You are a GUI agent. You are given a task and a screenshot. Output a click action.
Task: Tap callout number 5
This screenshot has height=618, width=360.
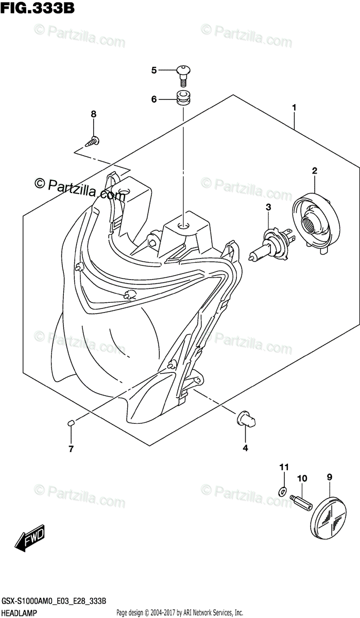tap(153, 71)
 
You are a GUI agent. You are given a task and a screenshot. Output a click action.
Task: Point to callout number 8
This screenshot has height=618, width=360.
tap(94, 114)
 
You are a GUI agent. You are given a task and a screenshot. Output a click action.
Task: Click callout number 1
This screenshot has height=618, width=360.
tap(294, 108)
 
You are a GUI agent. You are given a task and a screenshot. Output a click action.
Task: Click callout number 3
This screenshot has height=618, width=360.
tap(268, 207)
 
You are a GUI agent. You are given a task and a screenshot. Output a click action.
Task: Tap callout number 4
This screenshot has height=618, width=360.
tap(245, 449)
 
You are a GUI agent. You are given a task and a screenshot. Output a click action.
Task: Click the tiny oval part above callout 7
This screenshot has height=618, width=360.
tap(72, 423)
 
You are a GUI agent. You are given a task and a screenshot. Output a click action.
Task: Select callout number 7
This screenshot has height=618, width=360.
tap(71, 449)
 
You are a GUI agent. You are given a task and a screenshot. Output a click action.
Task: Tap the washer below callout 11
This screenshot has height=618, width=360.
tap(282, 489)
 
